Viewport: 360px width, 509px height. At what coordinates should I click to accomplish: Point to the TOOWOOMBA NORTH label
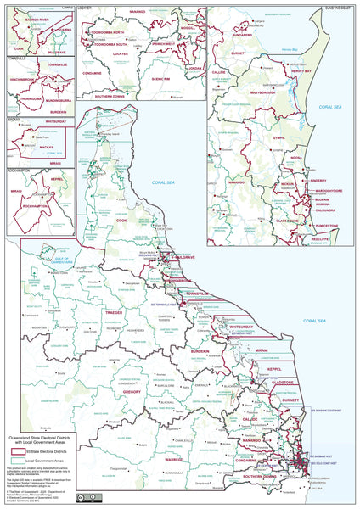coord(110,31)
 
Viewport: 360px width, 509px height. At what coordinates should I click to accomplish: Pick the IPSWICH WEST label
coord(159,43)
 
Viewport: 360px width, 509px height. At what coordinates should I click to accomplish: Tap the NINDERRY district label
coord(318,180)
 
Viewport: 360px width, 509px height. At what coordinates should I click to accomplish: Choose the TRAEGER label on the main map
coord(114,311)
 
